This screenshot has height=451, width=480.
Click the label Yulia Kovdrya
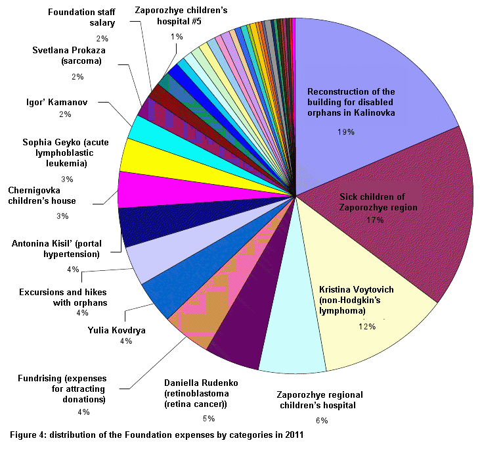117,329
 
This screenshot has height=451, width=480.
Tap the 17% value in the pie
375,220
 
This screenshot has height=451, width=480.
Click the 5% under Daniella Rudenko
208,417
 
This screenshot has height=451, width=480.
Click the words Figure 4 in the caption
26,435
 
